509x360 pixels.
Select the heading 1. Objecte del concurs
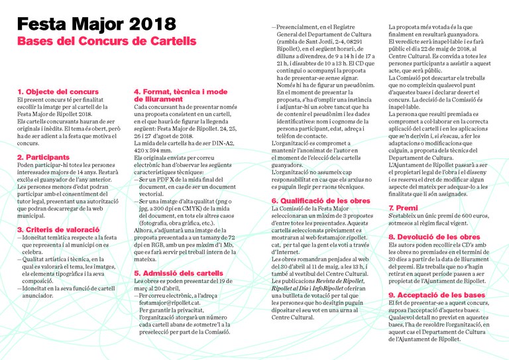pos(58,91)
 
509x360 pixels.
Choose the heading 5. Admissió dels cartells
pos(178,273)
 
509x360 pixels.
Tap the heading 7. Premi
pos(403,208)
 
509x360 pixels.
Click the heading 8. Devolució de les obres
pos(434,237)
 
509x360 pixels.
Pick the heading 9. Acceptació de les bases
pos(436,294)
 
